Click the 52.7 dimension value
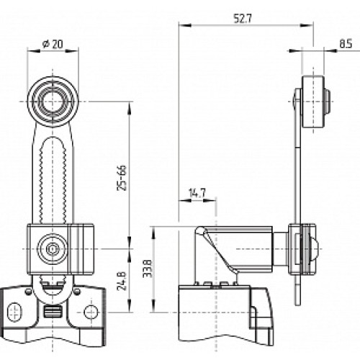point(243,19)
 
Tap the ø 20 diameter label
point(53,44)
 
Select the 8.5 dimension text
point(346,44)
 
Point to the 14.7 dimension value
point(197,193)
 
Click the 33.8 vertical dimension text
point(148,269)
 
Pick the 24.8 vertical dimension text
point(122,281)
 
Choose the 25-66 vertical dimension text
point(122,178)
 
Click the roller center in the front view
point(53,102)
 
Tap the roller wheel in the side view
point(313,102)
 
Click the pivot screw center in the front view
point(53,249)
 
